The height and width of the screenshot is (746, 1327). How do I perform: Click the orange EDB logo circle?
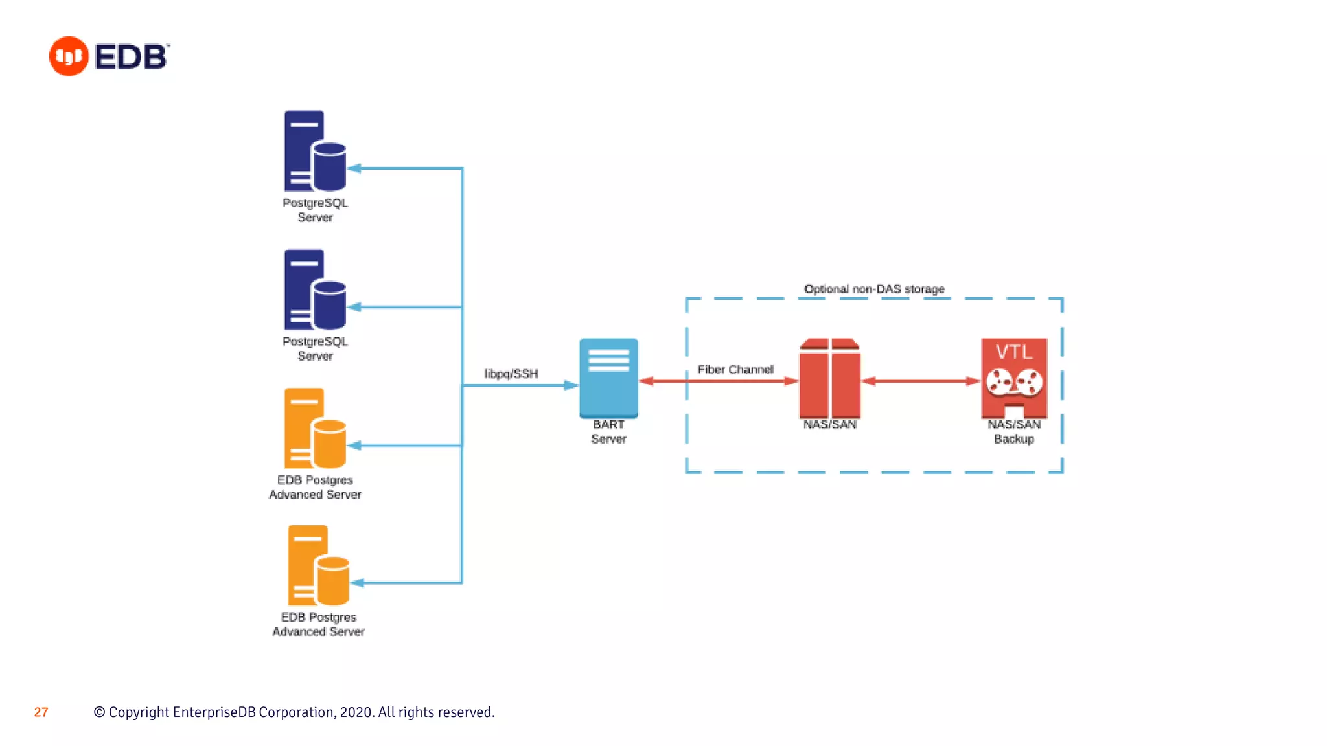point(69,56)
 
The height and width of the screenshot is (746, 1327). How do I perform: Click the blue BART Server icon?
point(608,378)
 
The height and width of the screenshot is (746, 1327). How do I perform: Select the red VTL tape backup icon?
point(1014,378)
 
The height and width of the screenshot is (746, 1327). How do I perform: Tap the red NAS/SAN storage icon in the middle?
point(830,378)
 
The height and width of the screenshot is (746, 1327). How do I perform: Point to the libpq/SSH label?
point(511,374)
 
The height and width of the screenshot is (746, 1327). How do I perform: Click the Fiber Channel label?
point(735,369)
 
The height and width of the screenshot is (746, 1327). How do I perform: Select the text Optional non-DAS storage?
point(874,289)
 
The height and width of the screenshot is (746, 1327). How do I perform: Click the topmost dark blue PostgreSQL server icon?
point(315,151)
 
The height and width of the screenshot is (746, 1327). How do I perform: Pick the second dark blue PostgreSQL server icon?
point(315,289)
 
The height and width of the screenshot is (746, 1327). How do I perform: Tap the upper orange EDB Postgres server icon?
point(315,428)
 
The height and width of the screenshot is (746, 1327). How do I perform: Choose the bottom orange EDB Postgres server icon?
point(318,565)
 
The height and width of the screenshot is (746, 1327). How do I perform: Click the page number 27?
point(41,712)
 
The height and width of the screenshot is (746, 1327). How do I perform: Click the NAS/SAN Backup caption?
point(1014,431)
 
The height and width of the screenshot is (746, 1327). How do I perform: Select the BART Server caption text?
point(608,431)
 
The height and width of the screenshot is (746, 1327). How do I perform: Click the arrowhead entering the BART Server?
point(571,385)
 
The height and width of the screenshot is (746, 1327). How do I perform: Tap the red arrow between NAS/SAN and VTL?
point(921,381)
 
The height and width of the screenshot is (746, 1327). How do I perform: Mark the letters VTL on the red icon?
point(1014,352)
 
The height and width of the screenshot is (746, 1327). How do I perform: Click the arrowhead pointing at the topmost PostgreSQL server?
point(354,168)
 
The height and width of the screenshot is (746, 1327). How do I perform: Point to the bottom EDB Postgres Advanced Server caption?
point(318,624)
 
